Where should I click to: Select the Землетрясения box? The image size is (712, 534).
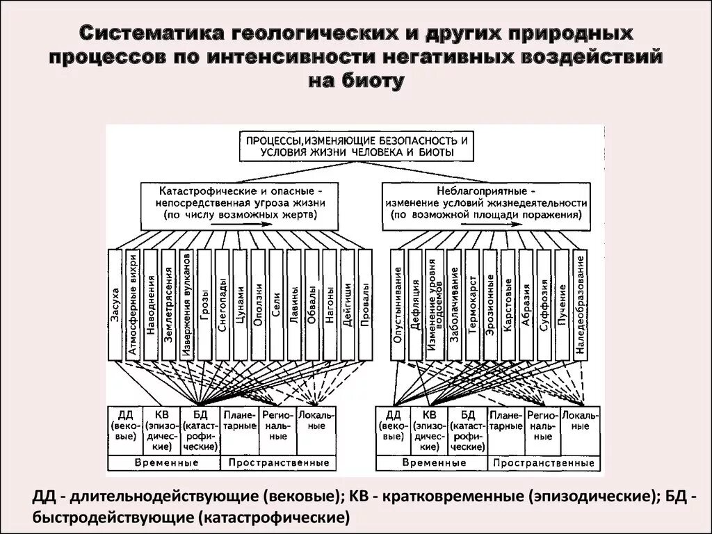tap(168, 304)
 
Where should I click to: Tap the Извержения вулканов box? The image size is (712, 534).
tap(186, 304)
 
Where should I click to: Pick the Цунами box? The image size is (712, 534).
tap(241, 304)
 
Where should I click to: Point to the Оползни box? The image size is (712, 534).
tap(258, 304)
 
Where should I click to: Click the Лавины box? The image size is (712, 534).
tap(294, 304)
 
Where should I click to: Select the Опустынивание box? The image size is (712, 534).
tap(398, 304)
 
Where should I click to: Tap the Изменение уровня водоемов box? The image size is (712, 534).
tap(435, 304)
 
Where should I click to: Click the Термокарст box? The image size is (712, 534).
tap(472, 304)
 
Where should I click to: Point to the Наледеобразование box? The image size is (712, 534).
tap(581, 304)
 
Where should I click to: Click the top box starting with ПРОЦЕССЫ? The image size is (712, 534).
tap(355, 145)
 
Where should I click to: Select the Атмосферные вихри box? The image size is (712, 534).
tap(133, 304)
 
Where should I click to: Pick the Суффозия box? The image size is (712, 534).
tap(544, 304)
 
